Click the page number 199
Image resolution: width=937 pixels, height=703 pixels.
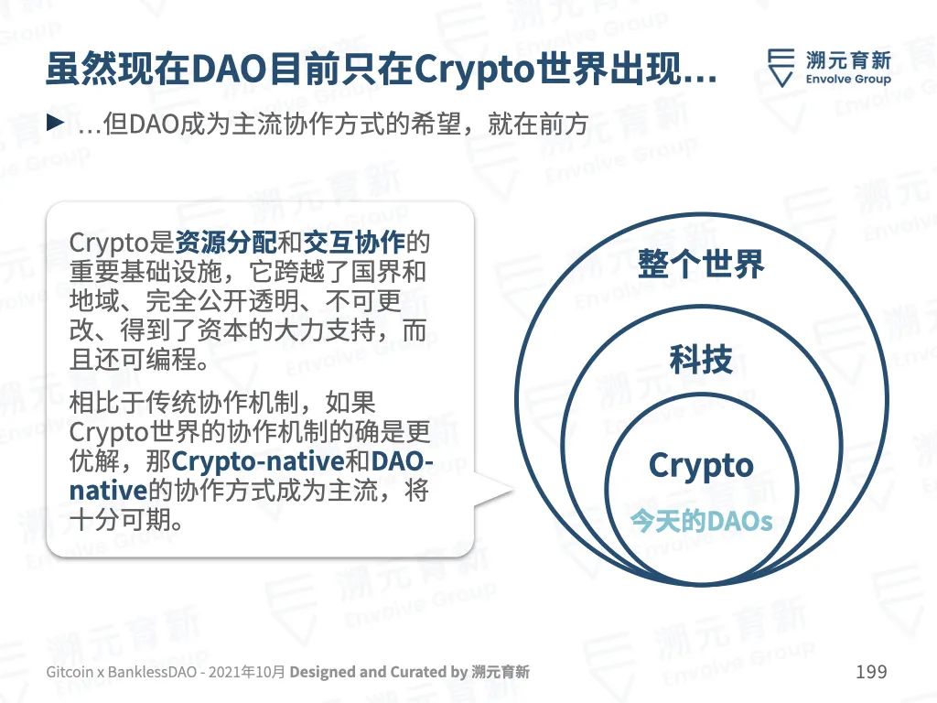pyautogui.click(x=871, y=671)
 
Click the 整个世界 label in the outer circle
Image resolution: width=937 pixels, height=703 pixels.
pyautogui.click(x=701, y=264)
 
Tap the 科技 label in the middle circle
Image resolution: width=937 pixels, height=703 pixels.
pyautogui.click(x=701, y=359)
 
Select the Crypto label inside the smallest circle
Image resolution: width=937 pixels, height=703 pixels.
pyautogui.click(x=701, y=466)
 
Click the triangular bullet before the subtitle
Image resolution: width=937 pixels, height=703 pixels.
pyautogui.click(x=56, y=124)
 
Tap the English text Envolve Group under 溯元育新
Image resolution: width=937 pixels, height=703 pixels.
pyautogui.click(x=848, y=79)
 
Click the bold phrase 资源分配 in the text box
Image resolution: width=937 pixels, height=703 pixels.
pyautogui.click(x=226, y=242)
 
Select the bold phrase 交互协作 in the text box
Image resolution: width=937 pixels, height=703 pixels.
pyautogui.click(x=354, y=242)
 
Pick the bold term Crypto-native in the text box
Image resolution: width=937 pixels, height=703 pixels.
pyautogui.click(x=257, y=461)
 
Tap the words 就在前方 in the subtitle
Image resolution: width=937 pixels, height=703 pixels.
pyautogui.click(x=538, y=124)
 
